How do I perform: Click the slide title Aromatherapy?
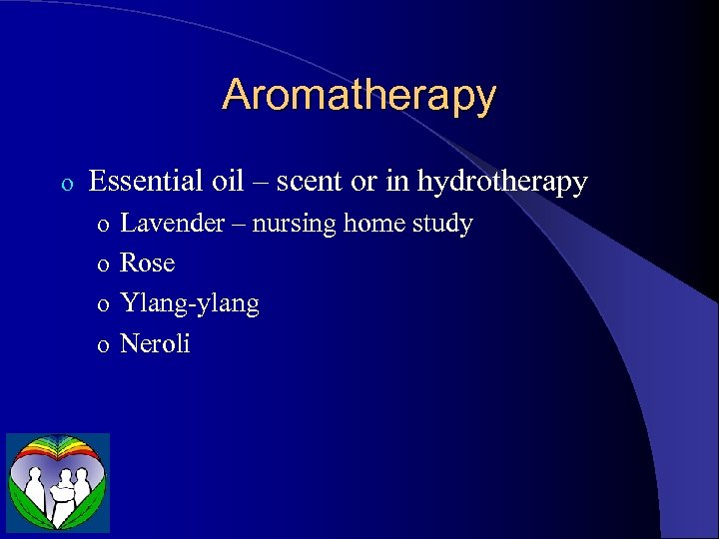pyautogui.click(x=359, y=96)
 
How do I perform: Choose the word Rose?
pyautogui.click(x=147, y=264)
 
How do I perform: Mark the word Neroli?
pyautogui.click(x=155, y=344)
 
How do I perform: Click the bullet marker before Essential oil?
pyautogui.click(x=66, y=185)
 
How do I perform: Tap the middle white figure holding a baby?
pyautogui.click(x=61, y=491)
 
